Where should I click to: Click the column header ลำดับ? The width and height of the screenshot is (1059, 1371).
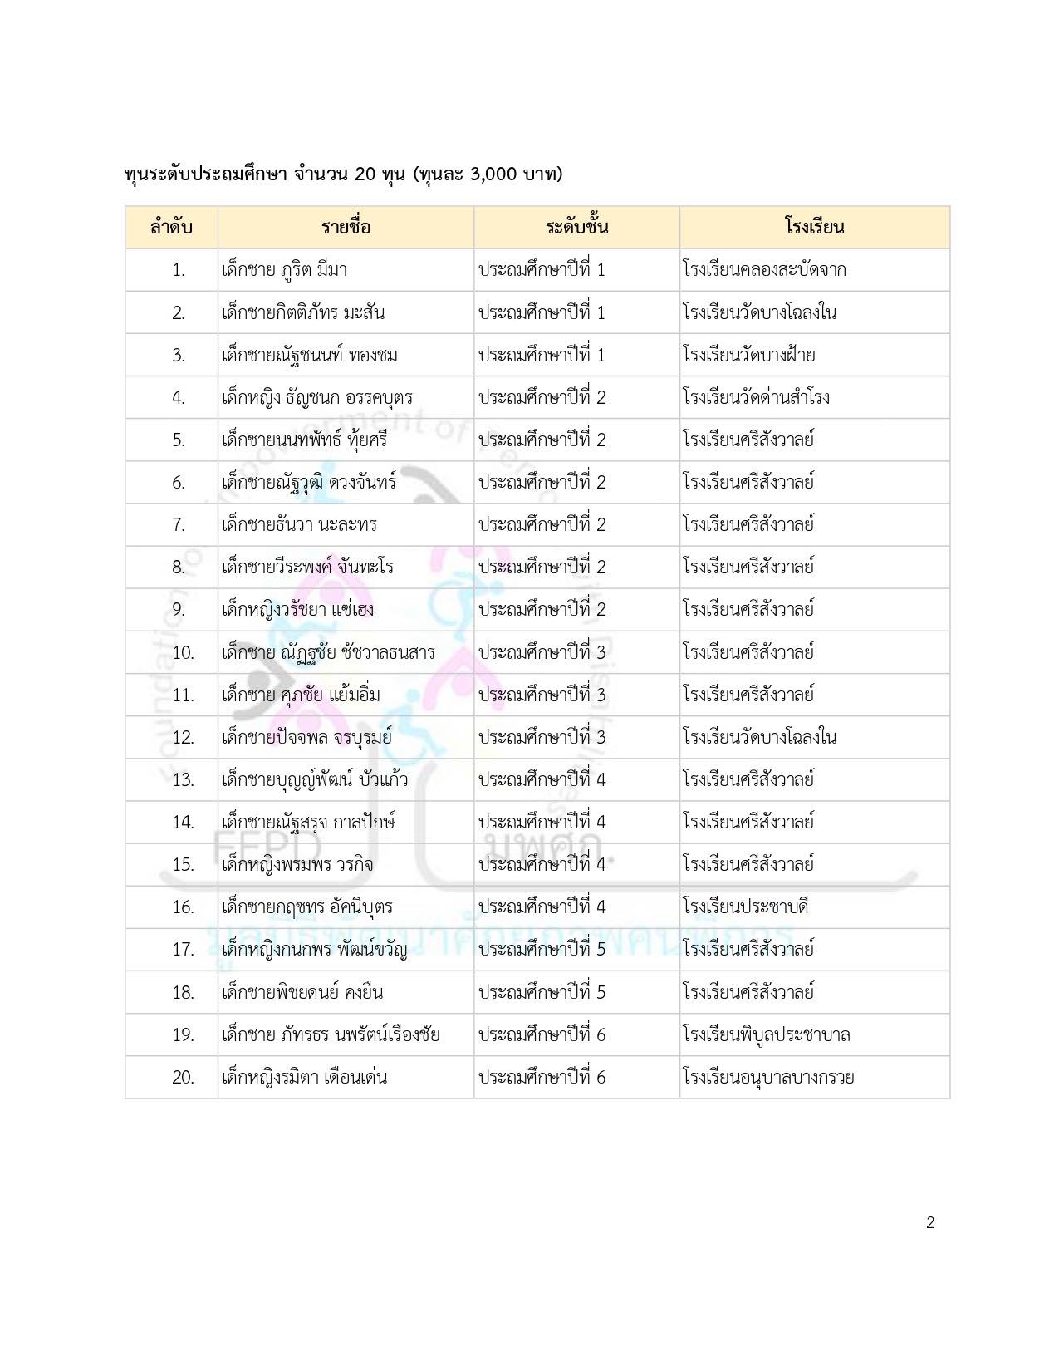point(171,227)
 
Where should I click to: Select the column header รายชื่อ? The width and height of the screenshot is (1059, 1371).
point(346,227)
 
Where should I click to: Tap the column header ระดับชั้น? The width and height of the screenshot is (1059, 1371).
point(576,227)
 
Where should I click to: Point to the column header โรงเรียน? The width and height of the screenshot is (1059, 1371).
point(814,227)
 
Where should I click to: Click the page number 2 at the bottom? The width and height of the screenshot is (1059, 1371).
point(930,1222)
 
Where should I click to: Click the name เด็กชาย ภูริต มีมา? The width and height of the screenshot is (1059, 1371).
point(284,270)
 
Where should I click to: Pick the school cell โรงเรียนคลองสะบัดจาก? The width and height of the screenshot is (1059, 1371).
point(764,270)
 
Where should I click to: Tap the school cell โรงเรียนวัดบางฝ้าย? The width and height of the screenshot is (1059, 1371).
point(748,355)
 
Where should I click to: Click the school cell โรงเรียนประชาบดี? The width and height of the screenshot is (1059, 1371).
point(745,907)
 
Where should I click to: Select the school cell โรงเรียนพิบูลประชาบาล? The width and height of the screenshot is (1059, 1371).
point(766,1034)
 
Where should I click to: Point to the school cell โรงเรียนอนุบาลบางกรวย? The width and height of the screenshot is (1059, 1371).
point(768,1078)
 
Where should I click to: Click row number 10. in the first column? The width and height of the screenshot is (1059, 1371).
point(183,652)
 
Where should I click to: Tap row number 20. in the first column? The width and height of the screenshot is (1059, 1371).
point(183,1078)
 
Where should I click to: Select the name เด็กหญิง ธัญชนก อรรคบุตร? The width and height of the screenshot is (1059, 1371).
point(317,397)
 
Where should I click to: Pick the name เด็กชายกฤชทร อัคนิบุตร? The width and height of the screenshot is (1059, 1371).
point(307,907)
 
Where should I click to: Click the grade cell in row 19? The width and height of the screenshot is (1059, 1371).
point(542,1034)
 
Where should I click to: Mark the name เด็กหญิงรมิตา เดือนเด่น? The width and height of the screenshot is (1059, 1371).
point(304,1078)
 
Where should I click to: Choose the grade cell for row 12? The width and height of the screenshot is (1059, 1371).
point(542,737)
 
